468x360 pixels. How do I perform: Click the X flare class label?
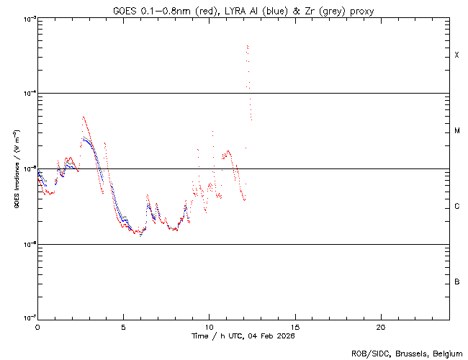point(456,55)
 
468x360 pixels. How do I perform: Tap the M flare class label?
point(456,131)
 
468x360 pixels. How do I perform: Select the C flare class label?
point(456,207)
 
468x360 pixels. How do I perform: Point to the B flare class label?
point(456,282)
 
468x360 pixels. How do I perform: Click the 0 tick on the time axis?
point(37,327)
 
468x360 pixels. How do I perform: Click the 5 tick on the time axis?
point(123,327)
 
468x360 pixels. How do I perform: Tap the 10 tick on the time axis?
point(209,327)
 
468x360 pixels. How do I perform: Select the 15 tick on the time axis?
point(295,327)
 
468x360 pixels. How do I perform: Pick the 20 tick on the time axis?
point(381,327)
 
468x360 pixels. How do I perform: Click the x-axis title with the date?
point(243,336)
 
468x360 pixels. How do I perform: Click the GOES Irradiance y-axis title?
point(15,168)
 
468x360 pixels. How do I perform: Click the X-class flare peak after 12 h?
point(247,45)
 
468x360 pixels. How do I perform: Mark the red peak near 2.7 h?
point(84,117)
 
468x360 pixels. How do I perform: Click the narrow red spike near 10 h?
point(212,132)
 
